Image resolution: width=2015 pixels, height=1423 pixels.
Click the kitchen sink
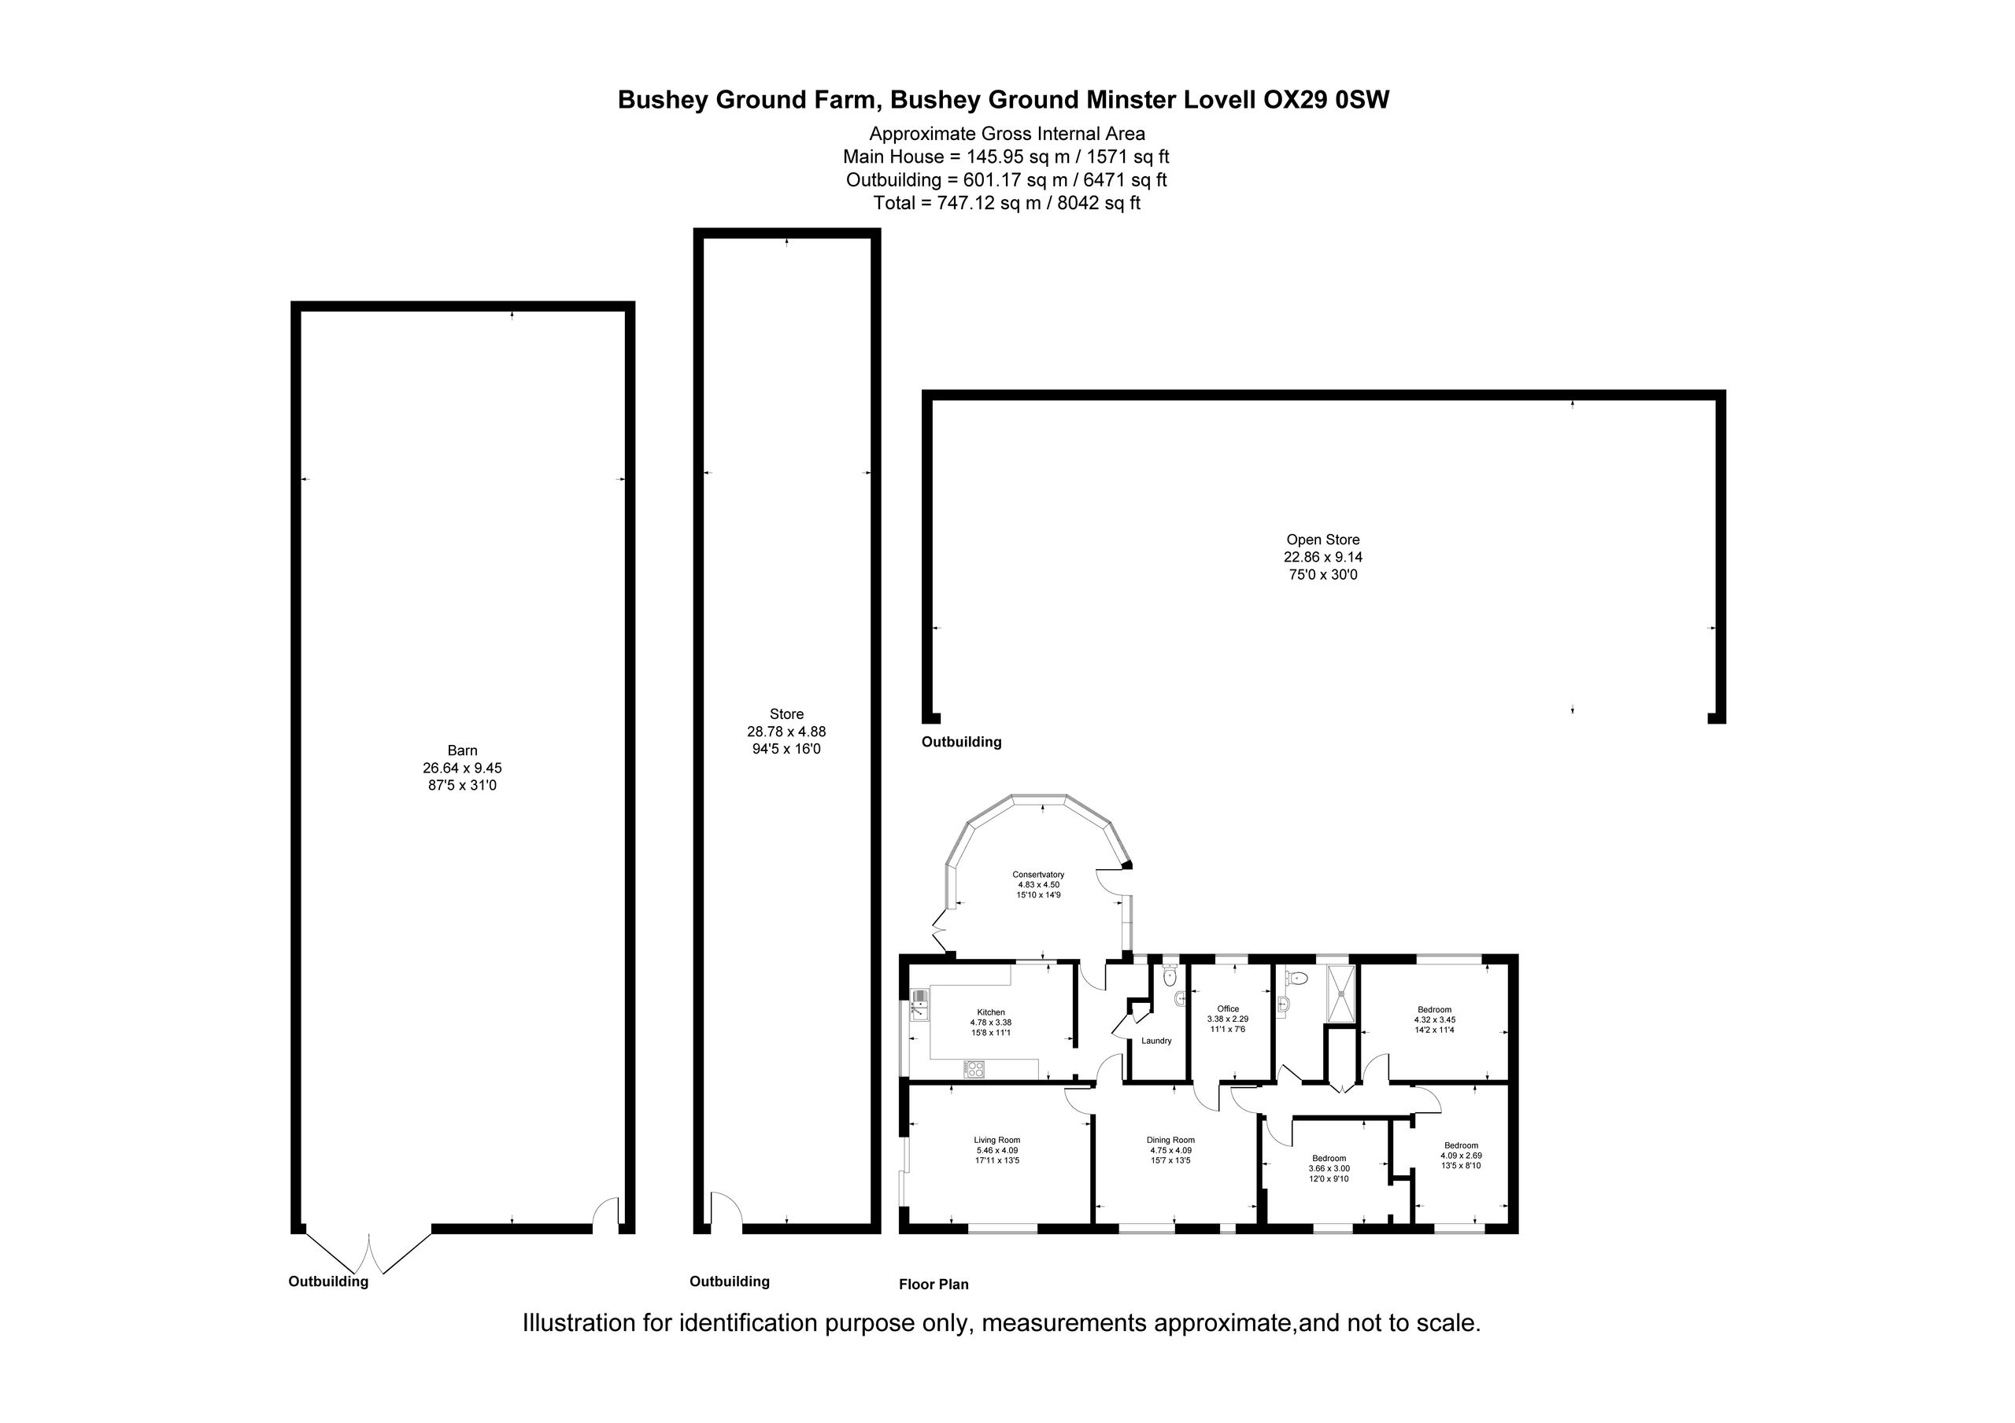click(920, 1005)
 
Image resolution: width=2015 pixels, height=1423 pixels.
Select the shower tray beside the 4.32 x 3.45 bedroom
click(1341, 994)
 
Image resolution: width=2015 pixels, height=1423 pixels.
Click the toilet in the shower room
click(1299, 977)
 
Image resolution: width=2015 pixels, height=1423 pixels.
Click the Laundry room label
click(1157, 1041)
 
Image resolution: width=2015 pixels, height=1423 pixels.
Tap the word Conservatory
click(1038, 875)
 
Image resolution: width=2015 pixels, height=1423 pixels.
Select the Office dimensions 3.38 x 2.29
click(1228, 1019)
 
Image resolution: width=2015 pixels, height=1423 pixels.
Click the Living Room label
click(997, 1141)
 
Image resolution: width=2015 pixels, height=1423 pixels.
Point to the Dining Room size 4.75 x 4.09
click(1170, 1150)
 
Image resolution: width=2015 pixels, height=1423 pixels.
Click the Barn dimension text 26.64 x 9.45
click(463, 768)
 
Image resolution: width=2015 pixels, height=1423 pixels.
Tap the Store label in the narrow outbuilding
click(786, 714)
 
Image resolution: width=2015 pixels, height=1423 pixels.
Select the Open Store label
click(1323, 540)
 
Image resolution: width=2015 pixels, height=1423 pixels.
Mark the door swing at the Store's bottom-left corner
click(727, 1208)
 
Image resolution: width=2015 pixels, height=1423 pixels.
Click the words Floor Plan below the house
click(934, 1285)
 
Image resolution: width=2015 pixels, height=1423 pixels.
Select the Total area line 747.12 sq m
click(1007, 203)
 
